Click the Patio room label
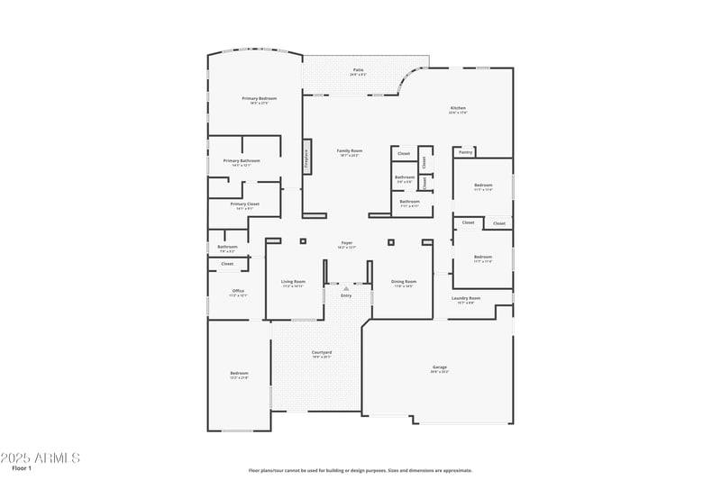[x=358, y=69]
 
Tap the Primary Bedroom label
[x=259, y=98]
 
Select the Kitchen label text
[x=458, y=108]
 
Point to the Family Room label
[x=350, y=150]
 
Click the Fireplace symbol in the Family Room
[x=307, y=159]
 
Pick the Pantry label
[x=465, y=152]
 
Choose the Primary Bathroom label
[x=242, y=160]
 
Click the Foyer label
[x=346, y=243]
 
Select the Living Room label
[x=293, y=281]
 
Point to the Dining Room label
[x=404, y=281]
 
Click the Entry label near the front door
[x=346, y=295]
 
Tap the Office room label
[x=238, y=291]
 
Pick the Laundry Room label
[x=466, y=298]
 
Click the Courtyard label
[x=322, y=352]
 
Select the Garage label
[x=440, y=367]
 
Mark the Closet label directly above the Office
[x=227, y=264]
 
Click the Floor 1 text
[x=22, y=469]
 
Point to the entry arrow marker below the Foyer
[x=346, y=288]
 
